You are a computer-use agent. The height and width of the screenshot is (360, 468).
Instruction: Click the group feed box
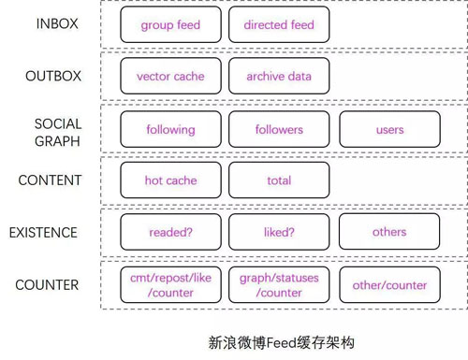pos(170,25)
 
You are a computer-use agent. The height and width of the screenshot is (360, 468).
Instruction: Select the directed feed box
pos(279,25)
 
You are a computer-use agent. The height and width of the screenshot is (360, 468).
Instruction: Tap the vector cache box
pos(170,77)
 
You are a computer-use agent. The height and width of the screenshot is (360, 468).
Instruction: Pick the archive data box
pos(279,77)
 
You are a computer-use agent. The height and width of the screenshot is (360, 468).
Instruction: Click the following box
pos(170,130)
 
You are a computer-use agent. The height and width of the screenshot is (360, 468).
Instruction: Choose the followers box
pos(279,130)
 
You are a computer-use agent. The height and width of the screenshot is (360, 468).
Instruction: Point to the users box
pos(389,130)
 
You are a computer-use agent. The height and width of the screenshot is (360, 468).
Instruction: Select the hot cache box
pos(170,180)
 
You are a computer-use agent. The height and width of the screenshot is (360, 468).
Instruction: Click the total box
pos(279,180)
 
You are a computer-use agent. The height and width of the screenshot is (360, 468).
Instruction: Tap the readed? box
pos(170,232)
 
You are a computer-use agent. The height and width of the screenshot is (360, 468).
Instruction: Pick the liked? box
pos(279,232)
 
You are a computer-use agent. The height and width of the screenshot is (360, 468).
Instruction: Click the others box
pos(389,232)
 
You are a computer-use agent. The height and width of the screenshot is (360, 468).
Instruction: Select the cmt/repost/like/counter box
pos(170,285)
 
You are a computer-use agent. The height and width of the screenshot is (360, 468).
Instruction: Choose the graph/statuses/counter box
pos(279,285)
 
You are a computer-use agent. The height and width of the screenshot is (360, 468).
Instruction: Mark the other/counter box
pos(389,285)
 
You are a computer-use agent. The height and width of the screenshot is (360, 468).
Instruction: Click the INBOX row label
pos(57,23)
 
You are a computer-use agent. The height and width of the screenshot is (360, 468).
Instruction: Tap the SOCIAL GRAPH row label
pos(58,132)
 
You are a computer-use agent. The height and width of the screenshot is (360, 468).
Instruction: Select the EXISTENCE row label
pos(44,232)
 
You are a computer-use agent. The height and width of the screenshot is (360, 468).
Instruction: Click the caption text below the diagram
pos(282,343)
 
